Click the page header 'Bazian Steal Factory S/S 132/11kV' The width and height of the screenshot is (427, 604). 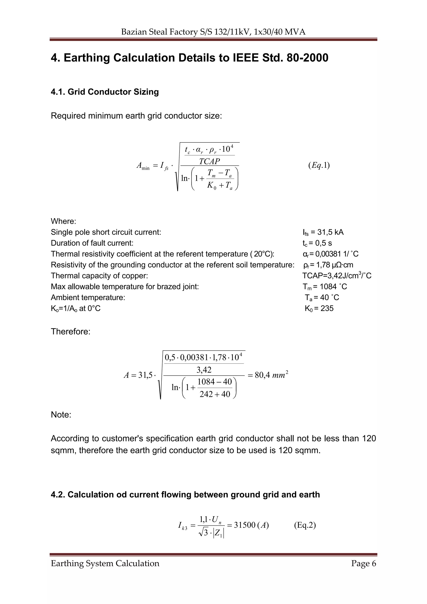pyautogui.click(x=213, y=32)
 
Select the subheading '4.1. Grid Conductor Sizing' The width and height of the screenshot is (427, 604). pyautogui.click(x=105, y=92)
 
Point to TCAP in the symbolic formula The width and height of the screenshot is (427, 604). pyautogui.click(x=209, y=161)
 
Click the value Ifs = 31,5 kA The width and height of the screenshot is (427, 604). pyautogui.click(x=323, y=232)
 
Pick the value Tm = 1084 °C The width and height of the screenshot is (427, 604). pyautogui.click(x=325, y=286)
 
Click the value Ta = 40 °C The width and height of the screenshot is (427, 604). pyautogui.click(x=322, y=298)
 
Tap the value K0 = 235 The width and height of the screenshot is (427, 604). pyautogui.click(x=319, y=308)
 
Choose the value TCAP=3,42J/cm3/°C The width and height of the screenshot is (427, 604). pyautogui.click(x=337, y=275)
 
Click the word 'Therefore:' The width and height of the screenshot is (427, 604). pyautogui.click(x=70, y=332)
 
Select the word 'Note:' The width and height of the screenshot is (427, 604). pyautogui.click(x=61, y=415)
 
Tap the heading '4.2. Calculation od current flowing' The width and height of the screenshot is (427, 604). pyautogui.click(x=185, y=495)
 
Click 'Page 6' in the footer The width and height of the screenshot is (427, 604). pyautogui.click(x=363, y=564)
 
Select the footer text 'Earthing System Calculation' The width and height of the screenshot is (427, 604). pyautogui.click(x=105, y=564)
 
